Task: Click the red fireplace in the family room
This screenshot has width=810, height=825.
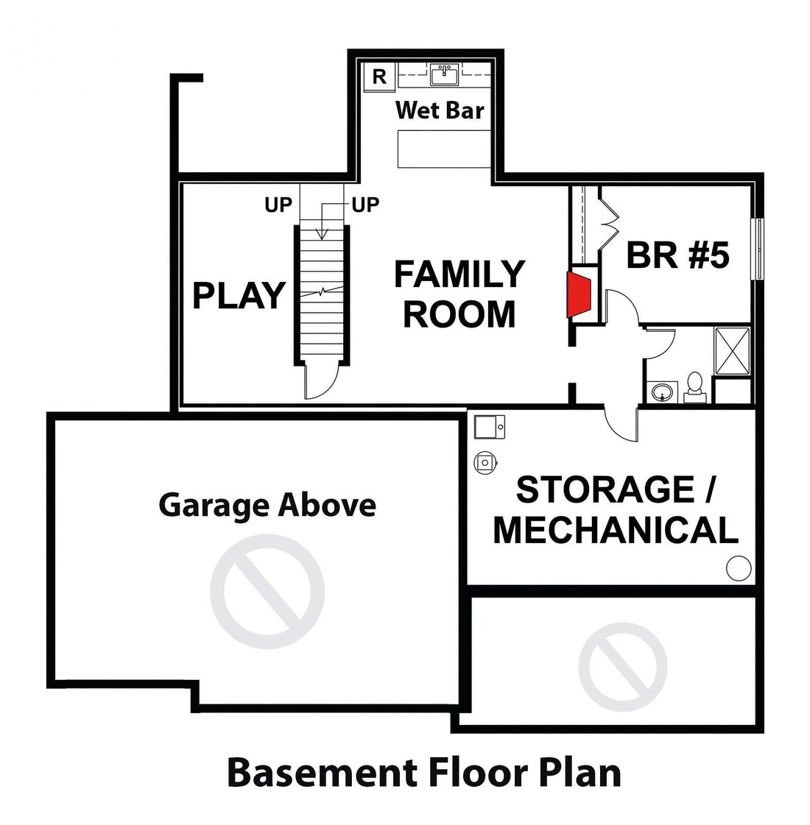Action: coord(579,294)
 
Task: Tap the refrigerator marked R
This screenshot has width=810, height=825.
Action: coord(379,77)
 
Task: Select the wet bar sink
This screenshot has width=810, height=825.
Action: coord(445,75)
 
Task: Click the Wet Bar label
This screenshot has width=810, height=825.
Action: coord(440,110)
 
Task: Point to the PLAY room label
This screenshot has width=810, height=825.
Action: coord(239,295)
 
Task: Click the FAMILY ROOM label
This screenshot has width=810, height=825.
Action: coord(459,294)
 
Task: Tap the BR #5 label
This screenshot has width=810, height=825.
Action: coord(678,255)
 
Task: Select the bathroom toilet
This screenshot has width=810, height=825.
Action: coord(694,388)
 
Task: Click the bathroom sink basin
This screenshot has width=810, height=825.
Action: coord(661,392)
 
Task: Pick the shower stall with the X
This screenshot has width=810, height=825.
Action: coord(732,351)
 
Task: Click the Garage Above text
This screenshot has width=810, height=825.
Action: coord(267,505)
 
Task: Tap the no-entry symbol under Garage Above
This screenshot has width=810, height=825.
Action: coord(267,592)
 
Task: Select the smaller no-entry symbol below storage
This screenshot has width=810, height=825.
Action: coord(623,667)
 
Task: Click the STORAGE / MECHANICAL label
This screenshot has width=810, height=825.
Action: coord(616,509)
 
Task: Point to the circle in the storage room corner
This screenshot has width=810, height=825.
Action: coord(739,568)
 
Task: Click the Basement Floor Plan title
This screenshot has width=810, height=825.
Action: coord(424,773)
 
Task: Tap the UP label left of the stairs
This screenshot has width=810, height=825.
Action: coord(278,205)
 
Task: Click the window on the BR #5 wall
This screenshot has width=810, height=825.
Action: coord(758,249)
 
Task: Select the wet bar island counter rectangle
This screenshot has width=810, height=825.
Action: coord(444,149)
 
